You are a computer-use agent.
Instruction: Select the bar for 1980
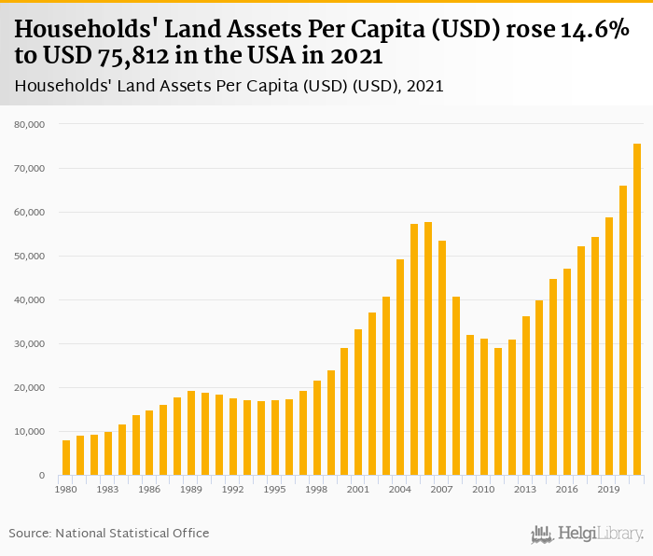tap(66, 458)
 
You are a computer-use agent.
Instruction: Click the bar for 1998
tap(317, 428)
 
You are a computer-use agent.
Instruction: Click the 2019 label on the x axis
tap(609, 489)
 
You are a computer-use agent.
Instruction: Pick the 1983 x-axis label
tap(108, 489)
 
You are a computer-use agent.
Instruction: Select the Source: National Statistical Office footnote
tap(109, 534)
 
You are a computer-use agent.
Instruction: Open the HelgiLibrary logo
tap(587, 535)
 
